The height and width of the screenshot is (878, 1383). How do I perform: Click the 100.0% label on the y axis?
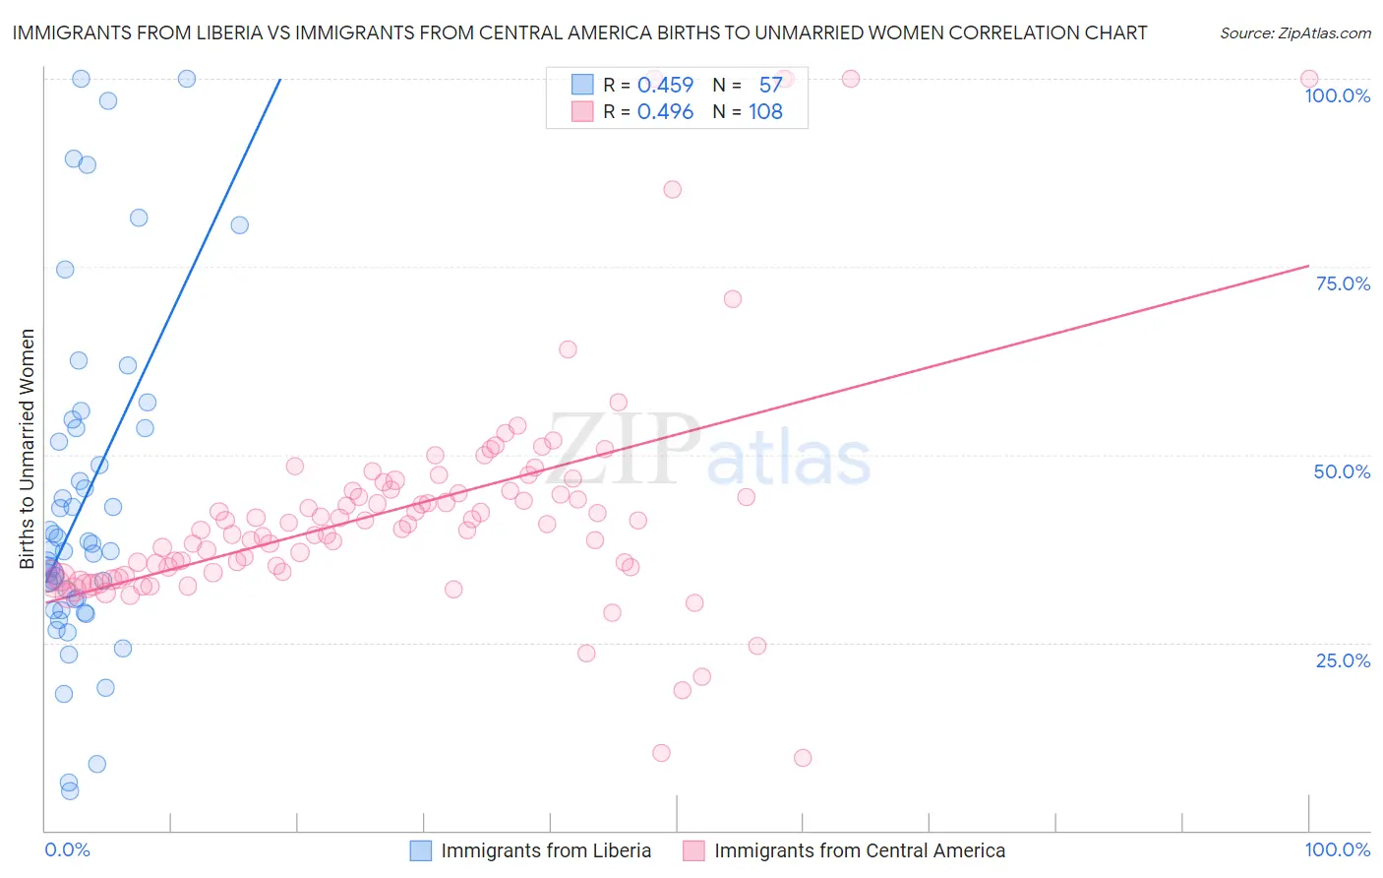click(x=1337, y=95)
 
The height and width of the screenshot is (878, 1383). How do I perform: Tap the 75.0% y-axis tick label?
click(x=1343, y=283)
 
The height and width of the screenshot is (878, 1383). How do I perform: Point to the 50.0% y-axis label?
click(x=1342, y=471)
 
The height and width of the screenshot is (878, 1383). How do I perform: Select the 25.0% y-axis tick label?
click(x=1343, y=659)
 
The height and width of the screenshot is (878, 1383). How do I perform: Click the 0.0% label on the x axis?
click(x=67, y=849)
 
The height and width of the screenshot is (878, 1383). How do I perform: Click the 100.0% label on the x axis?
click(x=1337, y=849)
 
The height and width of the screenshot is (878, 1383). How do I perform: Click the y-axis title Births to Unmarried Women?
click(x=28, y=449)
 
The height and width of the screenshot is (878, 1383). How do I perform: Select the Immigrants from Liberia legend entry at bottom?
click(x=546, y=850)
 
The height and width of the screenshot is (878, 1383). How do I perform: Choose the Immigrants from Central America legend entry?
click(x=859, y=850)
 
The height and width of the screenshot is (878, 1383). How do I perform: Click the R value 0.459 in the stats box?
click(x=665, y=86)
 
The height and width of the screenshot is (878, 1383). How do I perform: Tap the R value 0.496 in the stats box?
click(x=665, y=112)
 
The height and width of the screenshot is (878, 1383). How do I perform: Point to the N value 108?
click(x=765, y=112)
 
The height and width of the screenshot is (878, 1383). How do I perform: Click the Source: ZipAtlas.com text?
click(x=1294, y=33)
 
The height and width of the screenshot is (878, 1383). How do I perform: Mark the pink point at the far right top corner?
click(x=1309, y=79)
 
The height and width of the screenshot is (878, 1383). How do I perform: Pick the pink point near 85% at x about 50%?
click(x=673, y=190)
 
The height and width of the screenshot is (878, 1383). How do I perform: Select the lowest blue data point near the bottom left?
click(x=70, y=790)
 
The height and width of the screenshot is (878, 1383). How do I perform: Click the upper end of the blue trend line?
click(x=280, y=79)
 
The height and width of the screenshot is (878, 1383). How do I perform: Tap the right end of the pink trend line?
click(x=1309, y=265)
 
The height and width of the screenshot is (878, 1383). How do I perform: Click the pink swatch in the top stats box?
click(x=582, y=112)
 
